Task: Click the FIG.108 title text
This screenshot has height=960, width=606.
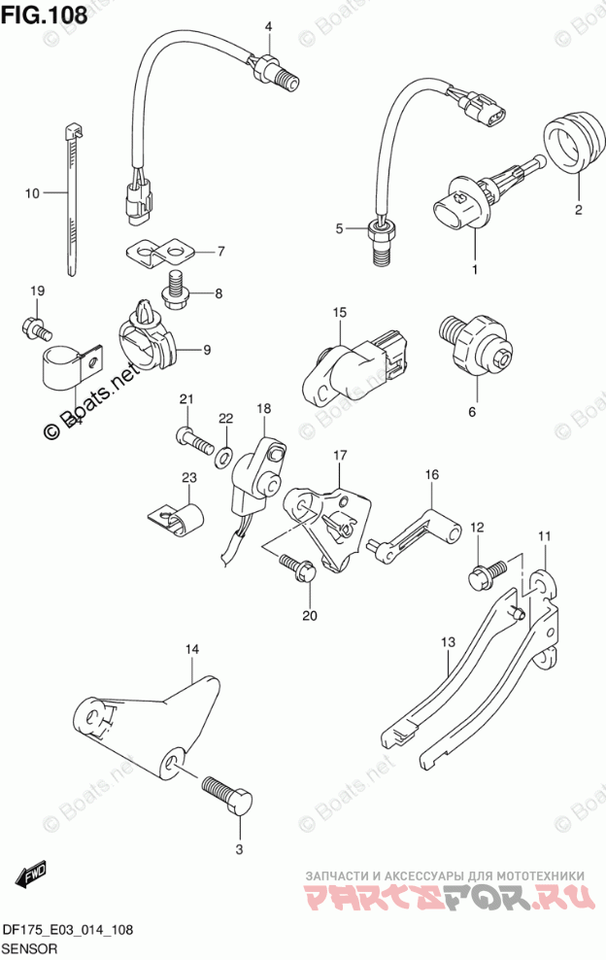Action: (44, 15)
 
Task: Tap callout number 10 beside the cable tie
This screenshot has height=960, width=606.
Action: (32, 193)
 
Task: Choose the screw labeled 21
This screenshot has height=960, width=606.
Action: (195, 440)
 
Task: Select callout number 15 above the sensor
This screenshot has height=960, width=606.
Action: (340, 313)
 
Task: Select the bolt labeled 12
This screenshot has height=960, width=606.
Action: (485, 573)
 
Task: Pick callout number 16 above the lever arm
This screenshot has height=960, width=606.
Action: (431, 474)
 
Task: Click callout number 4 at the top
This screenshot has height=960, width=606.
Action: (269, 26)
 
